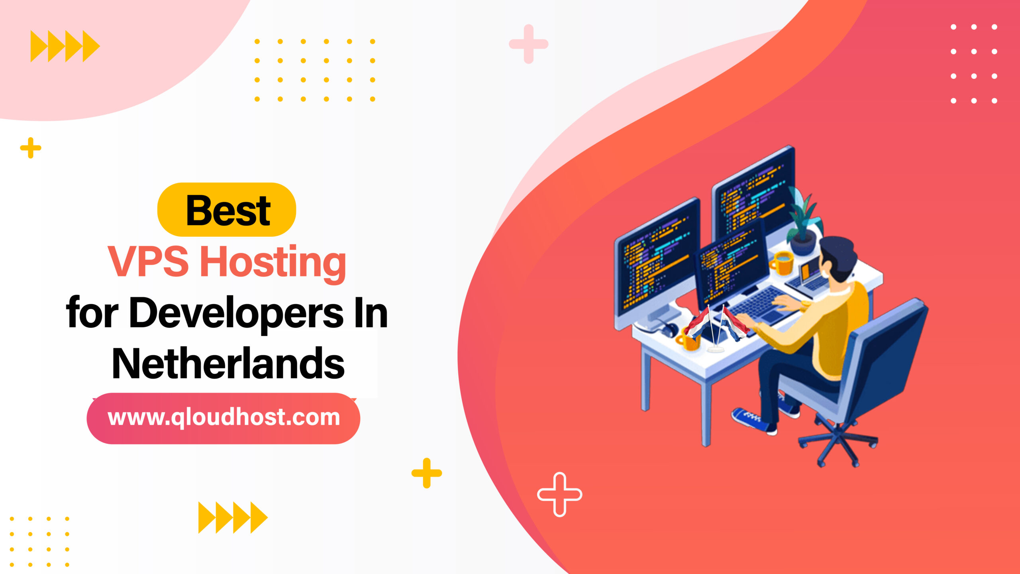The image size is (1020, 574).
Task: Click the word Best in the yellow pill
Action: click(x=228, y=210)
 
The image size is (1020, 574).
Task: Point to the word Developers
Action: click(x=236, y=313)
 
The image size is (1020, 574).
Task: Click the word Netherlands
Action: click(x=228, y=364)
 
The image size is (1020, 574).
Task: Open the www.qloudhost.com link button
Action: click(x=224, y=418)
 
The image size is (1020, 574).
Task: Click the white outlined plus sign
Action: click(x=559, y=494)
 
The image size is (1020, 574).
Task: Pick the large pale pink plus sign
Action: click(x=529, y=44)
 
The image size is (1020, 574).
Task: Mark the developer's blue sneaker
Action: click(x=751, y=421)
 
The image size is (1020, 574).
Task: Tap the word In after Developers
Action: click(x=371, y=313)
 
